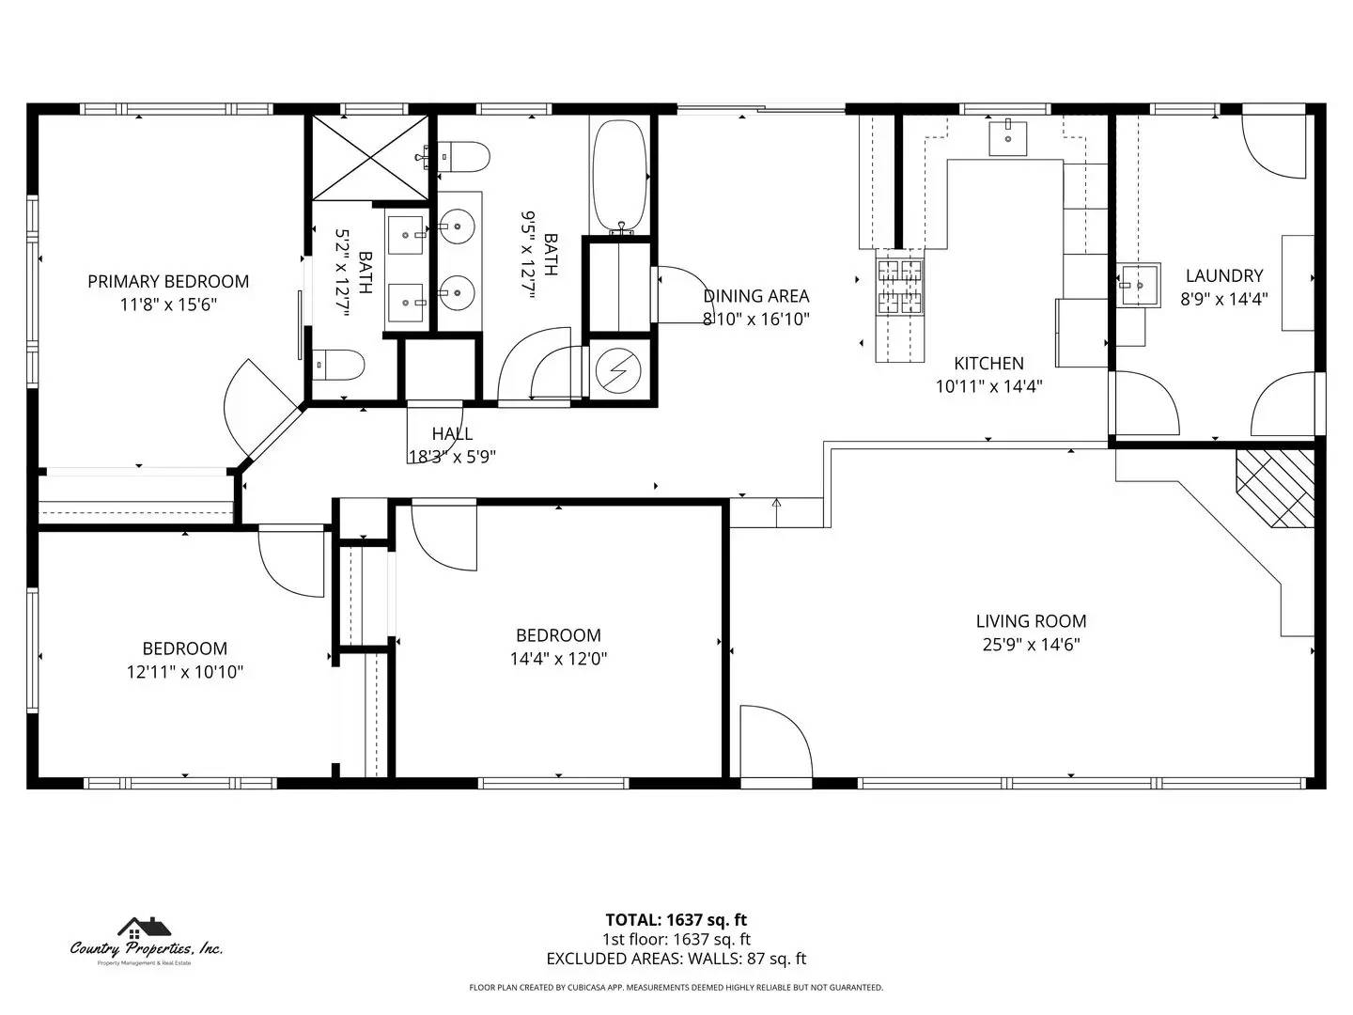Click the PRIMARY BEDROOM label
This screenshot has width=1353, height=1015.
168,281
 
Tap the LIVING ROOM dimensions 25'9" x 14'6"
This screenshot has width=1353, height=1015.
1031,645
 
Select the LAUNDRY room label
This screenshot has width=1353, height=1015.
1223,275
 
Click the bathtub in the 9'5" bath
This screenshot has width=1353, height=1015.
619,176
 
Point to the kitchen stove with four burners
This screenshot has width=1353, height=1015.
899,286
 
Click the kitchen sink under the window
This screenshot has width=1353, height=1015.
1007,138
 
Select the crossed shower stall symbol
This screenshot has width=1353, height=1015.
369,157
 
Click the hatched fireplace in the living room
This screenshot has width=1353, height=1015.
1276,488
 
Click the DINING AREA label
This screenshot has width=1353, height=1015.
755,296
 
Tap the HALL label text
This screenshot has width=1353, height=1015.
452,433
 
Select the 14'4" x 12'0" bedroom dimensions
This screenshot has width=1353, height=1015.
558,659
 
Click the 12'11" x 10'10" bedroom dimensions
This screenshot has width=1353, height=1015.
185,672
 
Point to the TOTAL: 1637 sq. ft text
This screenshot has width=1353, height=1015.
676,920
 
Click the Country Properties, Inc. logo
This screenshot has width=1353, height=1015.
147,940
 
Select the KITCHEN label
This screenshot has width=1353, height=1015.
988,363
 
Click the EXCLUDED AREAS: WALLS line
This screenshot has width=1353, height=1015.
676,959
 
